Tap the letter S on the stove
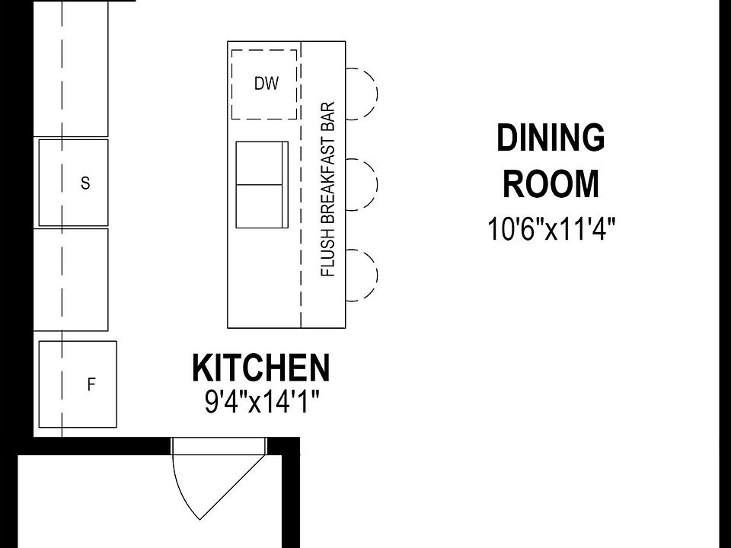85,183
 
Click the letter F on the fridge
91,385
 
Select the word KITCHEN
261,368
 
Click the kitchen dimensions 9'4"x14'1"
261,401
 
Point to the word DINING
551,139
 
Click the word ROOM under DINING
551,184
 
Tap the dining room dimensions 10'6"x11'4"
551,229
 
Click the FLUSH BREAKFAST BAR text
328,189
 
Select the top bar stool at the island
362,93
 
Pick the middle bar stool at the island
362,183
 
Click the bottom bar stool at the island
362,276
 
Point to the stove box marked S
73,183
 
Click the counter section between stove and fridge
73,279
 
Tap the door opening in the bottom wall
219,445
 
